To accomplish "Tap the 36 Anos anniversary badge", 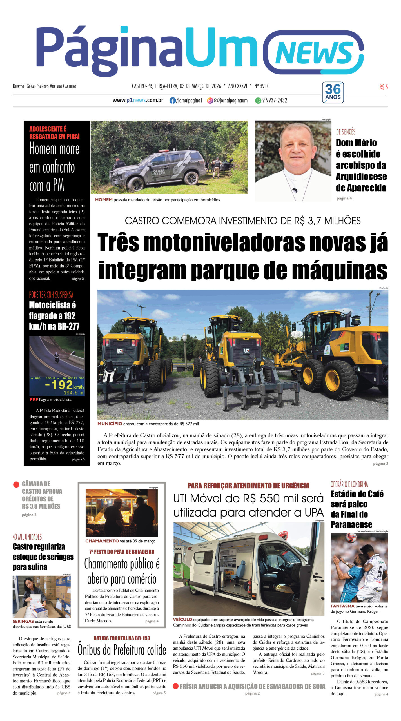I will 333,92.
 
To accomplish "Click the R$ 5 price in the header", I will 384,87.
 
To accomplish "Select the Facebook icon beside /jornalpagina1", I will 172,101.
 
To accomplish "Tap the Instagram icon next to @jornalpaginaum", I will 210,101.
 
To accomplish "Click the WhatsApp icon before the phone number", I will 258,101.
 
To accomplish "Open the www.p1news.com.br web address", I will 138,100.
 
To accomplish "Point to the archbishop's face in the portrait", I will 296,149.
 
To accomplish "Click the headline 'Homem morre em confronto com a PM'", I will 54,167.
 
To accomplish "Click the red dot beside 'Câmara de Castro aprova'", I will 16,484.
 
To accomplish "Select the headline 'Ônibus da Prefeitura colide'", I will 122,650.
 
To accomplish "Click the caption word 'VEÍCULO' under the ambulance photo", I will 182,620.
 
